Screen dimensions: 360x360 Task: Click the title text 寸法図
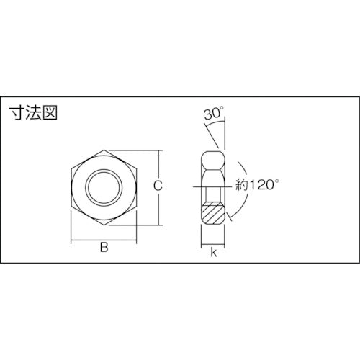pos(33,113)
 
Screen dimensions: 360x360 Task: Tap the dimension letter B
pos(103,248)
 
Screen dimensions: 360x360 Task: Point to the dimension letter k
pos(214,252)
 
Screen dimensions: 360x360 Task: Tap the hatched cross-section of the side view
pos(214,213)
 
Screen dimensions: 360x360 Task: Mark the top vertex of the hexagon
pos(103,150)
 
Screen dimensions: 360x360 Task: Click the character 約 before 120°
pos(243,185)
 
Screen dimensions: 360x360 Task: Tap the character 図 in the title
pos(49,113)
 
